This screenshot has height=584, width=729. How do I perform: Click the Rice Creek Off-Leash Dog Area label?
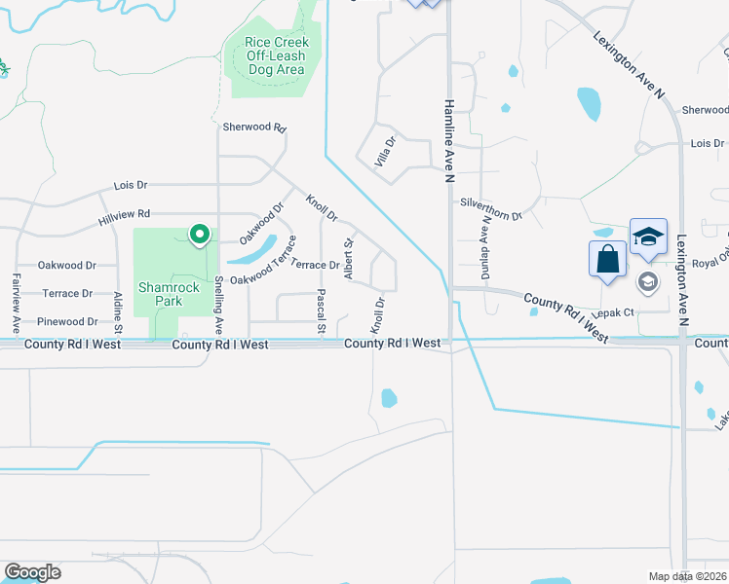[278, 55]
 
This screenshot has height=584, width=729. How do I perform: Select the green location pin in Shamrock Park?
[200, 235]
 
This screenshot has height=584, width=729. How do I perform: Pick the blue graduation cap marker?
[648, 237]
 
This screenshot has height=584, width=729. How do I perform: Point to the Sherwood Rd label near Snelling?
[254, 128]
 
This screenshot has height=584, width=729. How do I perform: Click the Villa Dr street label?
[387, 152]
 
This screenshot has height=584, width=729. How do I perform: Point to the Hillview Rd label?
[124, 214]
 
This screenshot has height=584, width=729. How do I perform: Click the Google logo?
[32, 572]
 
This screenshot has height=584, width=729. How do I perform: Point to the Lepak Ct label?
[616, 312]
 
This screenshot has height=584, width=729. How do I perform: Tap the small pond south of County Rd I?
[389, 397]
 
